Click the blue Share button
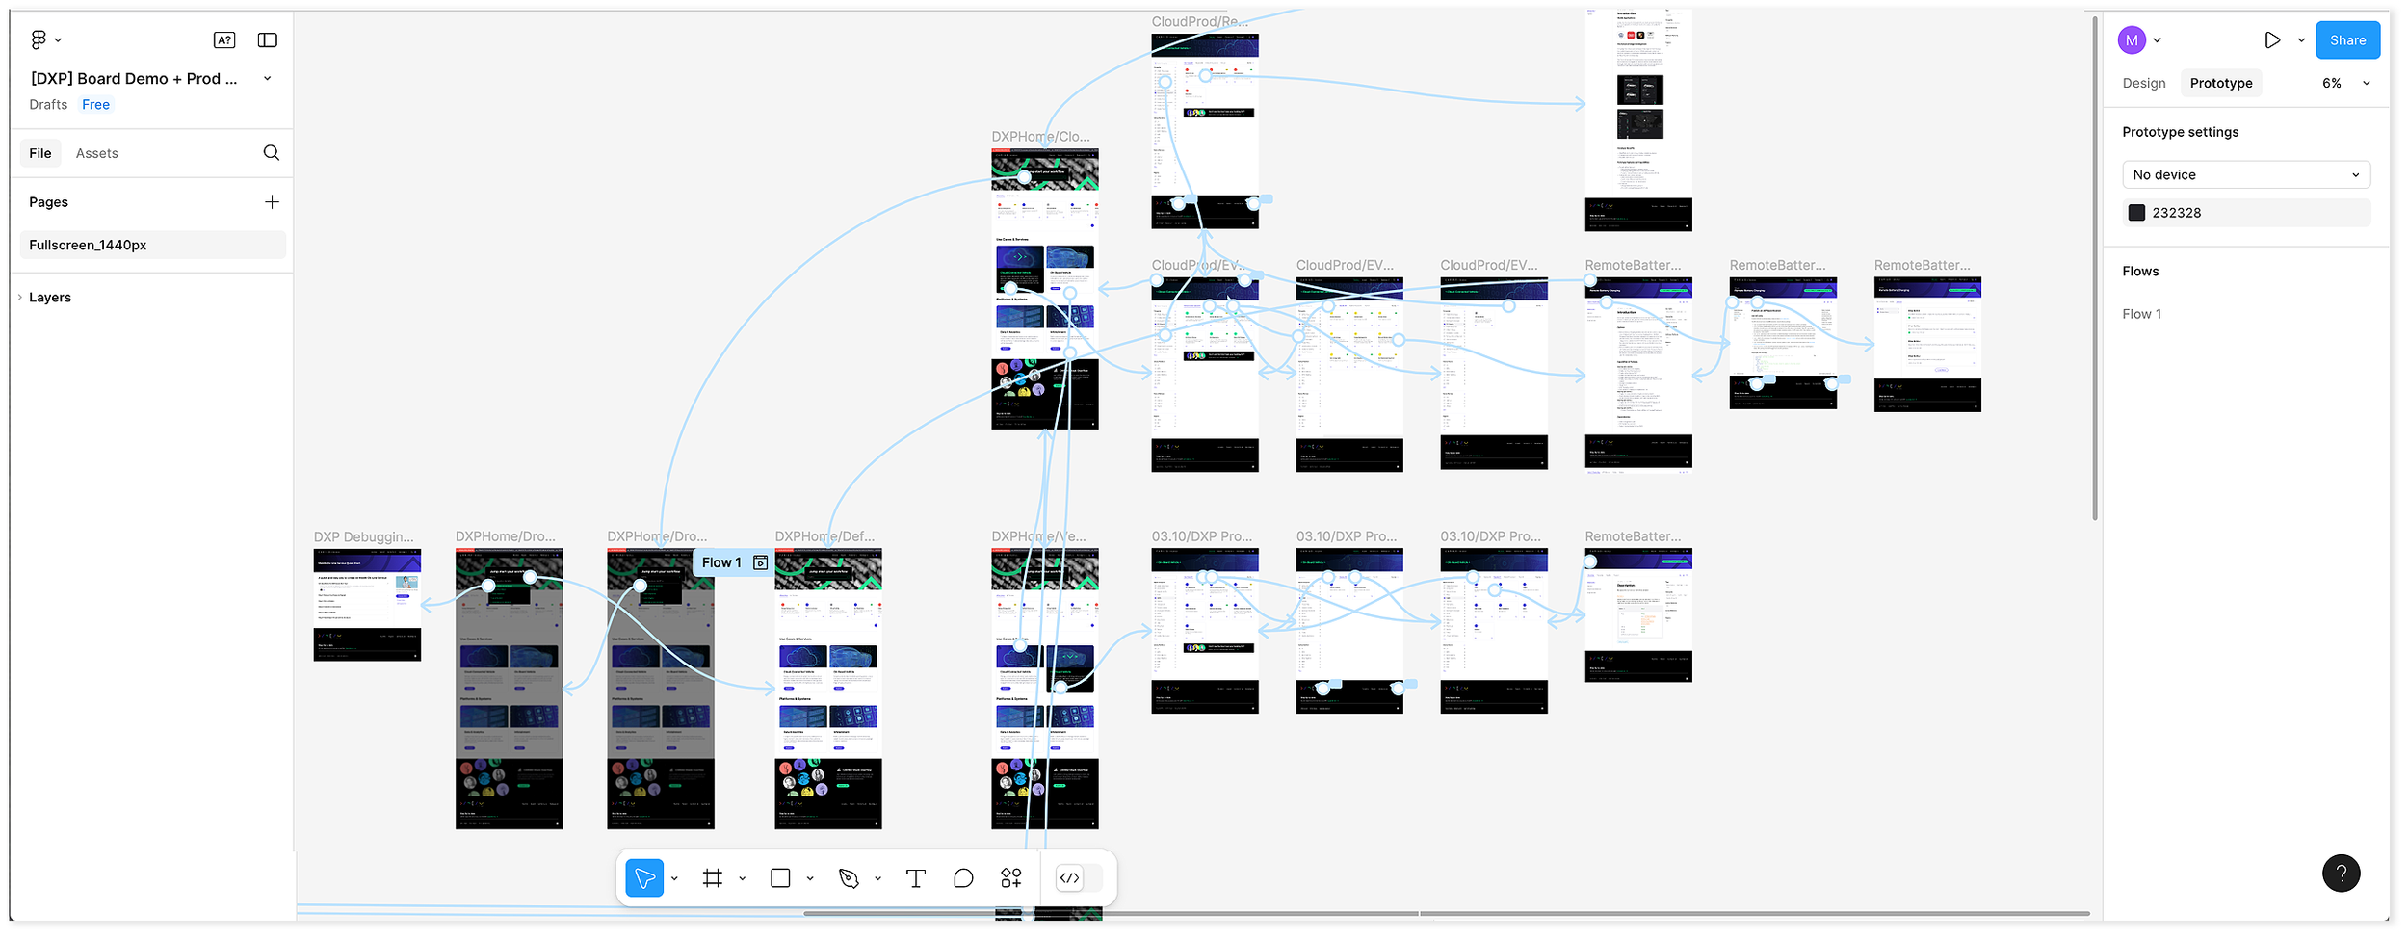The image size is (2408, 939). pyautogui.click(x=2346, y=40)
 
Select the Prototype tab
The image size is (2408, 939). pyautogui.click(x=2220, y=84)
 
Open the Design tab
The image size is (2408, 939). pyautogui.click(x=2143, y=84)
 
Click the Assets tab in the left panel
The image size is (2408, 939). pyautogui.click(x=97, y=153)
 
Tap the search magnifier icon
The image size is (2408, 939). pyautogui.click(x=272, y=153)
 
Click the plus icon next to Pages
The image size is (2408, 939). pyautogui.click(x=272, y=202)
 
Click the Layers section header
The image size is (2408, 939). pyautogui.click(x=50, y=298)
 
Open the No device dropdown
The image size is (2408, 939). pyautogui.click(x=2245, y=175)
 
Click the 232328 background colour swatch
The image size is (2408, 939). pyautogui.click(x=2136, y=213)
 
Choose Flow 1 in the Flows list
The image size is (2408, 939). pyautogui.click(x=2141, y=314)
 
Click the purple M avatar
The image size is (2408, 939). pyautogui.click(x=2132, y=40)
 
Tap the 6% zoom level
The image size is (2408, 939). pyautogui.click(x=2331, y=84)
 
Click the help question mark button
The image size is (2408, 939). pyautogui.click(x=2341, y=874)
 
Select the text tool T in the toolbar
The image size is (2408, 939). pyautogui.click(x=915, y=878)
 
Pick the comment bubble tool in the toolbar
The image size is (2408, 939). pyautogui.click(x=963, y=878)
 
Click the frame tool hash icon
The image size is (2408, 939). pyautogui.click(x=713, y=878)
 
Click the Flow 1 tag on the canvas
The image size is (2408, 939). pyautogui.click(x=722, y=563)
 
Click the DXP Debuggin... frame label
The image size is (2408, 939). pyautogui.click(x=364, y=537)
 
